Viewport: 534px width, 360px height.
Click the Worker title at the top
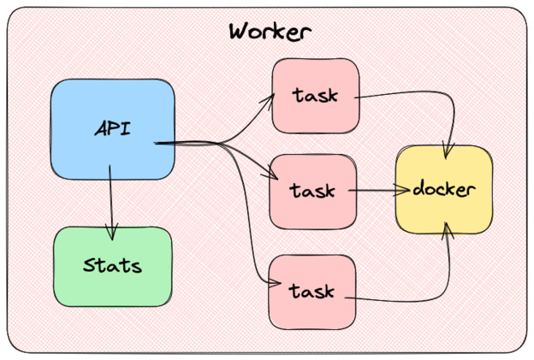tap(270, 32)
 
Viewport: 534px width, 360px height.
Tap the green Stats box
tap(112, 266)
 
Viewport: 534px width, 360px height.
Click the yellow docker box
tap(443, 189)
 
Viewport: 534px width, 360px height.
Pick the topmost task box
tap(313, 96)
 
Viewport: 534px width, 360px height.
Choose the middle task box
tap(311, 190)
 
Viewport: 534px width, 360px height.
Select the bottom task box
tap(311, 291)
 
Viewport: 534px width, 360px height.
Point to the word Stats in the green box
tap(112, 265)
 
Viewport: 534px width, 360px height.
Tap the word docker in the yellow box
tap(443, 189)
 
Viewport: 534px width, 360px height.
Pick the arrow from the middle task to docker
tap(373, 191)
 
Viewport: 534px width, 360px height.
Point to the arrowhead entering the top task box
tap(270, 96)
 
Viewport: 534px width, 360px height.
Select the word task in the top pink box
tap(314, 96)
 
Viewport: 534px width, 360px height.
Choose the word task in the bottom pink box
tap(311, 291)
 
